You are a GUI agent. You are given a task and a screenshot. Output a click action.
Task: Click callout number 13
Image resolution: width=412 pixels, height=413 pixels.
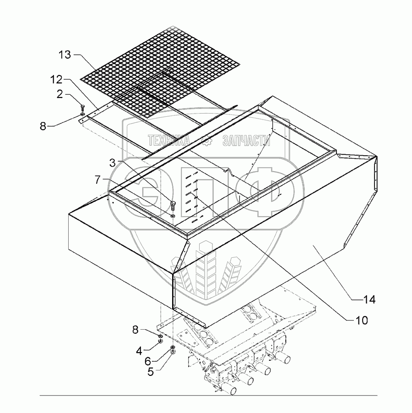[65, 55]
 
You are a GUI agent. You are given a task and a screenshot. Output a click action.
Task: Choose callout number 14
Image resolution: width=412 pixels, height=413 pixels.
[369, 300]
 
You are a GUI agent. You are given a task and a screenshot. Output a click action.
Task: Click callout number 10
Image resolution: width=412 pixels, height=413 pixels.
[361, 320]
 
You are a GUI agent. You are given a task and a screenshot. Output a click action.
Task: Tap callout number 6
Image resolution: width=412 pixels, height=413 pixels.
[149, 362]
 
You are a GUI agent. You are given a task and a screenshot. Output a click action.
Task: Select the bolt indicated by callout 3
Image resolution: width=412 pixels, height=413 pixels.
[173, 205]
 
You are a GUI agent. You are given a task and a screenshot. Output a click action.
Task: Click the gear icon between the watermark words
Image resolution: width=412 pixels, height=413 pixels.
[209, 142]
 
